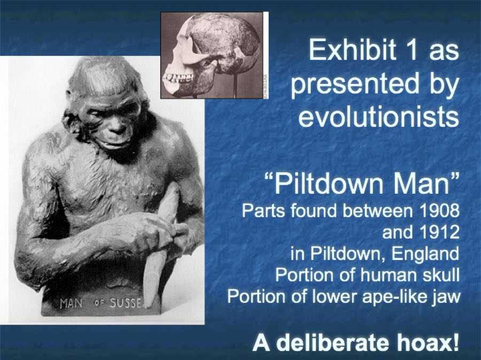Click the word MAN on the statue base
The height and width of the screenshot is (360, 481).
coord(71,303)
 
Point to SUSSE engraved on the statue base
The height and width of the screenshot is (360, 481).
coord(126,303)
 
